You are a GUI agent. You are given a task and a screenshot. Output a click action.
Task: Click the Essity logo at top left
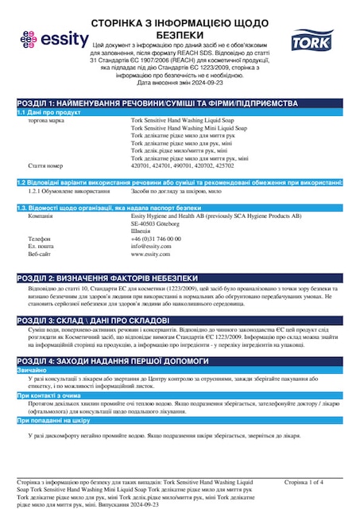(x=49, y=37)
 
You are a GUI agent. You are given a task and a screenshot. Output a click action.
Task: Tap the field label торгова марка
(x=47, y=120)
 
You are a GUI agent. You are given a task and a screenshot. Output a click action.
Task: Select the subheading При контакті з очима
(x=52, y=395)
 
